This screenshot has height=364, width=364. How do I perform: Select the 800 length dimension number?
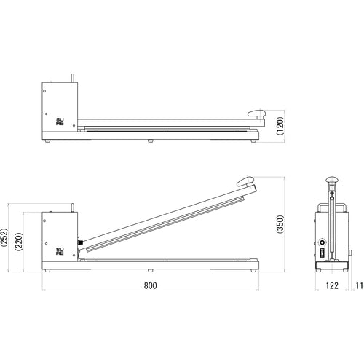pos(150,285)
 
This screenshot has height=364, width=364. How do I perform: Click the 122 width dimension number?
pos(331,285)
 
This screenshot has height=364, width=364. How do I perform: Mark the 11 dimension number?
pos(359,285)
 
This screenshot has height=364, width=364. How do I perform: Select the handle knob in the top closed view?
pos(256,112)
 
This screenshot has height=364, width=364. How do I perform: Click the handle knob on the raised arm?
pos(245,182)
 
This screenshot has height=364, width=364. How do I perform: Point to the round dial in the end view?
pos(320,241)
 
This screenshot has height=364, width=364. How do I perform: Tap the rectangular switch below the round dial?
pos(320,254)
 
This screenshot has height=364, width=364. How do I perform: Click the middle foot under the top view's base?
pos(150,141)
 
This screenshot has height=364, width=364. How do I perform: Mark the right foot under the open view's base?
pos(252,271)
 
